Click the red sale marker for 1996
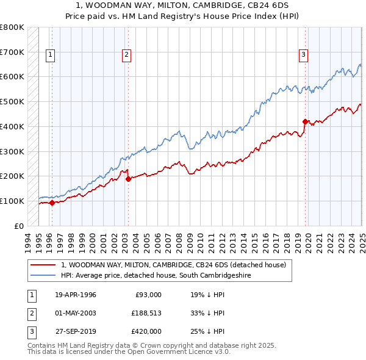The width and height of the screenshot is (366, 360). (52, 203)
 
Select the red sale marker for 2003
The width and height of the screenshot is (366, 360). (129, 179)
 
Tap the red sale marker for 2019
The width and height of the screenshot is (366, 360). (306, 121)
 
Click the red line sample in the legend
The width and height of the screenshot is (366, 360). (43, 265)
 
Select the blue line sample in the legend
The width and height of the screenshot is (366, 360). (43, 276)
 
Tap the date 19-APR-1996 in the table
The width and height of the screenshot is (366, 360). (76, 295)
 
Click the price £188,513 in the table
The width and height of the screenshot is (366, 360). (146, 313)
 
